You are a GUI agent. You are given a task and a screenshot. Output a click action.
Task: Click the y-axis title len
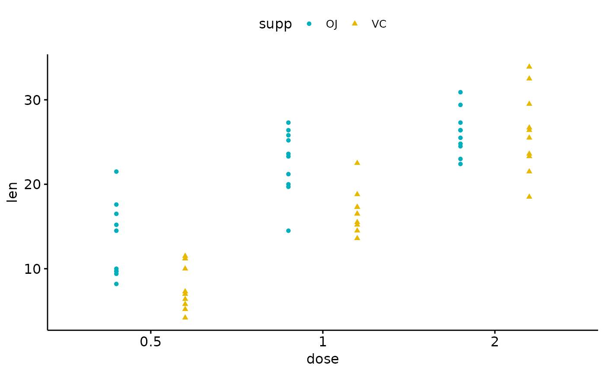[13, 192]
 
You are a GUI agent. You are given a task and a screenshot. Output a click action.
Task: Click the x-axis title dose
[322, 359]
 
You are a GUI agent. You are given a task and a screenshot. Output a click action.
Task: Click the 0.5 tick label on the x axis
[150, 342]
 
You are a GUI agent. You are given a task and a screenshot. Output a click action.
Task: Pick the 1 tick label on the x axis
[322, 342]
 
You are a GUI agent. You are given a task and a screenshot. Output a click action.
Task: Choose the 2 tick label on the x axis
[494, 342]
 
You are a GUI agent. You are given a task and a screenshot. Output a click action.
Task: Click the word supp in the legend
[275, 24]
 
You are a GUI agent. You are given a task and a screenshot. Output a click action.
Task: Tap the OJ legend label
[331, 24]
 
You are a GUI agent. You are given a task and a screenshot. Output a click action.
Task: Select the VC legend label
[379, 24]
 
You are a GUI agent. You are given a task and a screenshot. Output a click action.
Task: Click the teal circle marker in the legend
[309, 24]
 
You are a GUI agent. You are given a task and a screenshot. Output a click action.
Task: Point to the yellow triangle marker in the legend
[355, 23]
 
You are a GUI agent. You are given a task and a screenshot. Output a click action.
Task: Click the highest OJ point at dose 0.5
[116, 171]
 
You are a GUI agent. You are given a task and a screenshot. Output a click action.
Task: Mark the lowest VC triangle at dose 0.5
[185, 317]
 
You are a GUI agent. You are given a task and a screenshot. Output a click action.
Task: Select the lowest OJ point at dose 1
[288, 231]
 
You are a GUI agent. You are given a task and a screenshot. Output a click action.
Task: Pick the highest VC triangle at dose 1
[357, 162]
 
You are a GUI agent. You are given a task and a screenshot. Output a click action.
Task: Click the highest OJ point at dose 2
[460, 92]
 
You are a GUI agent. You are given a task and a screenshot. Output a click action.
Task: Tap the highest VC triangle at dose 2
[529, 66]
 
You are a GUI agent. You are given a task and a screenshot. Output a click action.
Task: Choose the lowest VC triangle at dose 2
[529, 196]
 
